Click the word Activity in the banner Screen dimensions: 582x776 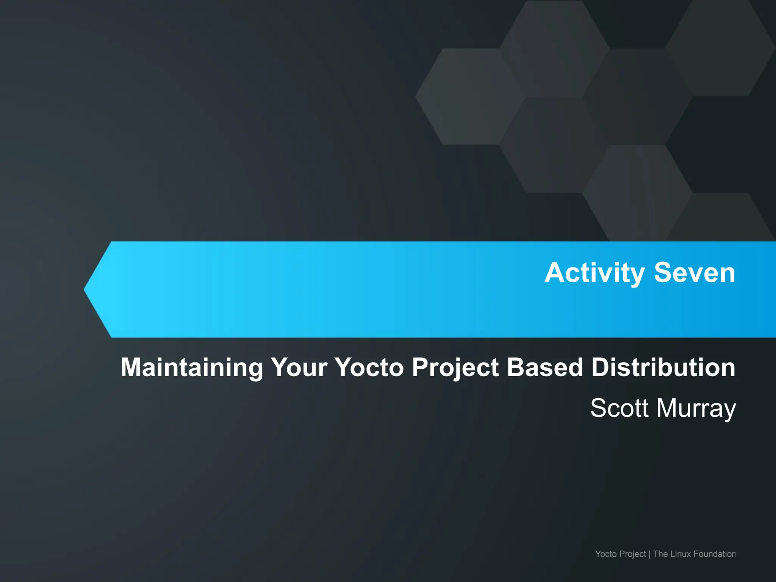coord(595,273)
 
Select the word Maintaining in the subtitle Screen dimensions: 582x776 coord(192,368)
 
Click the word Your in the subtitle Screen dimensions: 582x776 coord(299,368)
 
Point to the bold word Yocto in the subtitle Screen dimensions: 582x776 coord(369,368)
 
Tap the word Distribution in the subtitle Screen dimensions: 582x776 coord(663,368)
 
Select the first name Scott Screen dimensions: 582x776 coord(619,408)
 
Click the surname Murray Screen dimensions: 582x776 coord(696,408)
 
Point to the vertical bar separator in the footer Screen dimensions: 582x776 coord(650,554)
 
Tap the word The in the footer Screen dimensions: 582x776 coord(660,554)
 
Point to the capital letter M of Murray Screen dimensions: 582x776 coord(666,408)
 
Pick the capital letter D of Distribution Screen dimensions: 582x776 coord(601,368)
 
